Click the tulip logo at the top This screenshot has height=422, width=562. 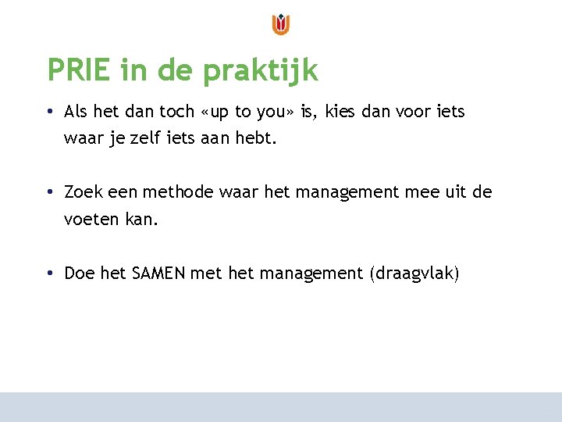tap(281, 24)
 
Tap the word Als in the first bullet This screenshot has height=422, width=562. tap(76, 112)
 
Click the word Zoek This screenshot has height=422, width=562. tap(82, 192)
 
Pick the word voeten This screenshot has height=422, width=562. tap(91, 220)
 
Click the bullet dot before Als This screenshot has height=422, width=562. tap(49, 113)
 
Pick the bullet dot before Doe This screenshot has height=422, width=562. tap(49, 274)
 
